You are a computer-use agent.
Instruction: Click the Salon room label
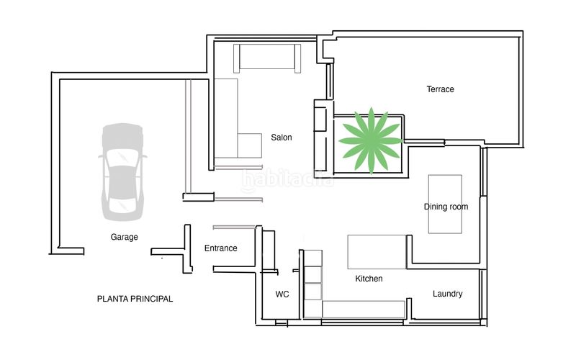pos(282,138)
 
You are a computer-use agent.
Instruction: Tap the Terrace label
pos(440,89)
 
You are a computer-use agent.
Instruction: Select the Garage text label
pos(124,237)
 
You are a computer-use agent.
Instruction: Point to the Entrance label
pos(220,248)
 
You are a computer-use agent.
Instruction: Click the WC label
pos(282,294)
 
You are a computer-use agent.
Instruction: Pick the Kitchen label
pos(369,279)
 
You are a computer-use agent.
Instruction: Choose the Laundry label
pos(447,294)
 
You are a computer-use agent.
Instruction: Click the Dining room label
pos(446,207)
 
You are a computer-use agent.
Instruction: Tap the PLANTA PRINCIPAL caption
pos(135,299)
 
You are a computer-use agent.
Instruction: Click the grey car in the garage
pos(122,172)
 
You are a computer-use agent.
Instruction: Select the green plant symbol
pos(371,140)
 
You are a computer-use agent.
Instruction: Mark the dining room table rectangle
pos(445,204)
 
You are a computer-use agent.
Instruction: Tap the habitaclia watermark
pos(287,180)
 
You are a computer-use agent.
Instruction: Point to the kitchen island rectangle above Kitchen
pos(377,252)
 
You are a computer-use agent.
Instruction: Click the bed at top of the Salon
pos(267,58)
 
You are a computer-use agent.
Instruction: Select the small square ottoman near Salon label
pos(249,145)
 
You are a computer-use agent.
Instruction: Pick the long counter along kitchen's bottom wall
pos(364,310)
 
